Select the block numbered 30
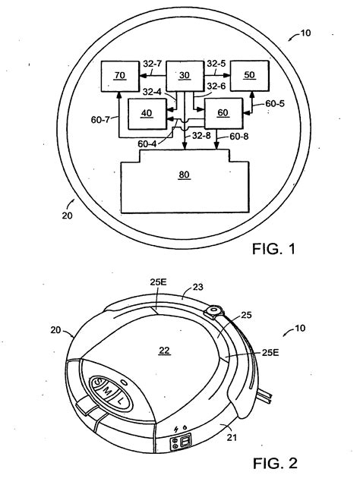pos(184,77)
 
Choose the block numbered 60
pos(221,114)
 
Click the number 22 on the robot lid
pos(165,349)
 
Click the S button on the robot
pos(97,382)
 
